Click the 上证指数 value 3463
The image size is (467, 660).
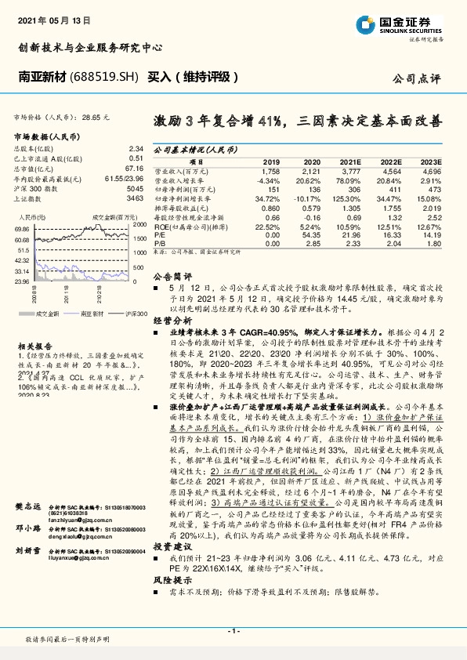[x=136, y=200]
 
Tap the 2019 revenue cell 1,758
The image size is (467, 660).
[x=270, y=170]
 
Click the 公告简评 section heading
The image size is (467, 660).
[x=172, y=277]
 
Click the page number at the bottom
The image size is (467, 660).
[x=233, y=630]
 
